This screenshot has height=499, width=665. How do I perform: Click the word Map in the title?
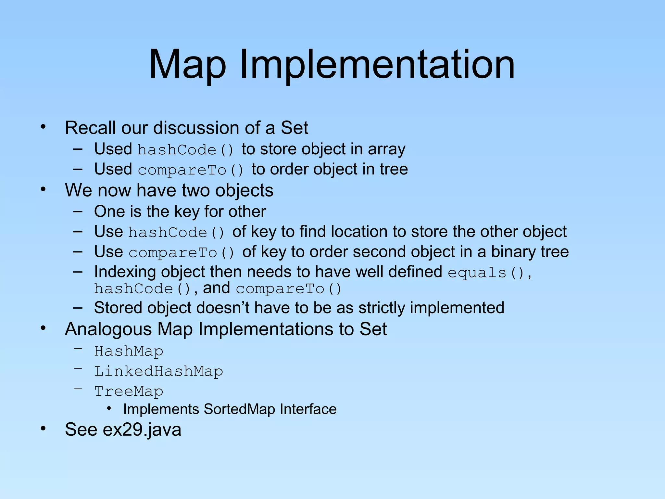[x=187, y=65]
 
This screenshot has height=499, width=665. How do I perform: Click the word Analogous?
[x=108, y=329]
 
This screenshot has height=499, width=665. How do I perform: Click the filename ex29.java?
[x=142, y=430]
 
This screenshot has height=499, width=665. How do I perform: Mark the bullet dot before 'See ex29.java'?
[x=43, y=429]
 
